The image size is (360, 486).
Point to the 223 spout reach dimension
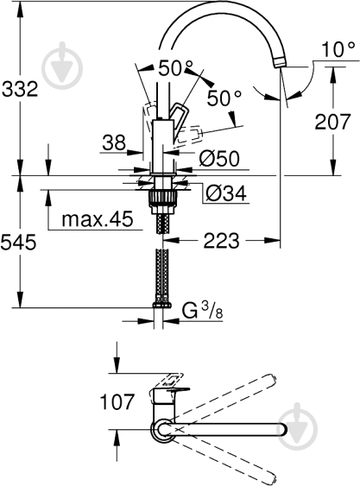(221, 243)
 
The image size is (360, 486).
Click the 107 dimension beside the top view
(117, 401)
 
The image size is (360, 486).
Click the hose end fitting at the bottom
(161, 303)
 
